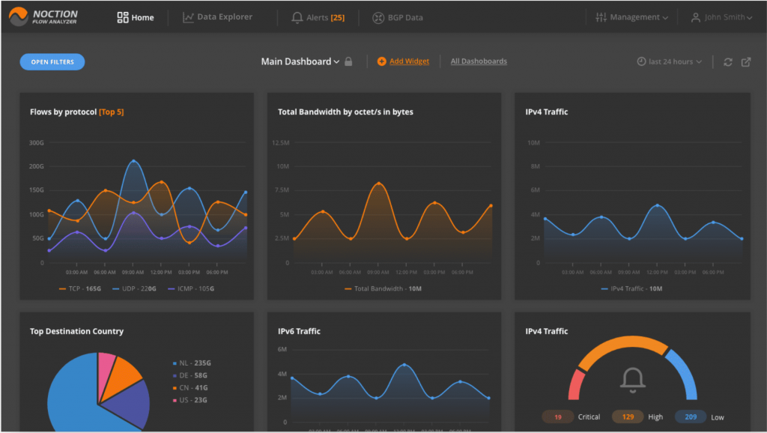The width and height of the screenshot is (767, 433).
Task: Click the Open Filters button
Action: [x=52, y=62]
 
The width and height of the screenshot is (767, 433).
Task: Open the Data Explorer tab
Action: [x=218, y=17]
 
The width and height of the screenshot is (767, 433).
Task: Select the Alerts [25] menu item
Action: [x=318, y=17]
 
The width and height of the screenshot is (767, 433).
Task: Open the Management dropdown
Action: [x=632, y=17]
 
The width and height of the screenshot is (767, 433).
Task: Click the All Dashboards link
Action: [x=479, y=61]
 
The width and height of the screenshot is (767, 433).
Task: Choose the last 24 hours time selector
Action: [x=670, y=61]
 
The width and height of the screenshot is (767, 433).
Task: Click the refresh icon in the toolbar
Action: [x=727, y=62]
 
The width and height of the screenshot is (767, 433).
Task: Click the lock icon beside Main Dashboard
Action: [x=348, y=62]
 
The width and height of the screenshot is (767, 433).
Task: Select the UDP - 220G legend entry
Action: [x=134, y=288]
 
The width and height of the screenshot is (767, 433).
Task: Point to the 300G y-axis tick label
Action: [x=37, y=142]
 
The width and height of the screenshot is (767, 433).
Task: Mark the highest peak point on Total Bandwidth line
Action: [x=379, y=184]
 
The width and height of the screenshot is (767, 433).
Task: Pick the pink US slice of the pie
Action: [x=107, y=364]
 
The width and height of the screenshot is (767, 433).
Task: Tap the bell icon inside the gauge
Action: [x=633, y=381]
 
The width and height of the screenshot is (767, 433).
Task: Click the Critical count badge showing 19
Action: [x=558, y=417]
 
